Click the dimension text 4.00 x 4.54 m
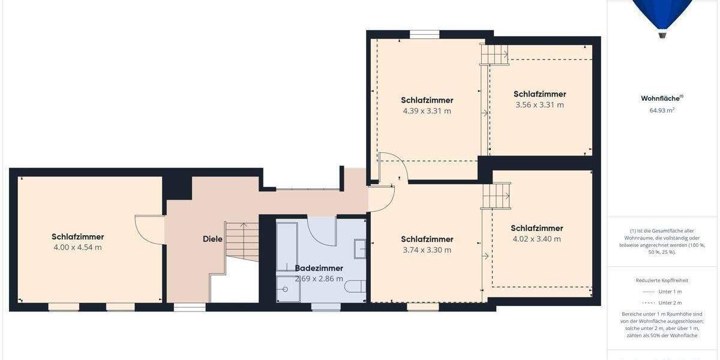click(77, 247)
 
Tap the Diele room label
click(212, 239)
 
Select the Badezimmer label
click(319, 268)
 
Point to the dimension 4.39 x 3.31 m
click(427, 111)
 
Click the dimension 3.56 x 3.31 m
click(539, 105)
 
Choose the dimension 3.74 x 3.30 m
click(427, 250)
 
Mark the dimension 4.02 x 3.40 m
click(536, 239)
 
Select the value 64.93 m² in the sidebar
click(662, 110)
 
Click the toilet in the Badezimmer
click(355, 286)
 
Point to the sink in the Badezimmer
click(360, 248)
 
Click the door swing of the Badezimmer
click(323, 231)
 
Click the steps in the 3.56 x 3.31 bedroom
click(494, 55)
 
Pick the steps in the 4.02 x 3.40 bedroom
click(496, 196)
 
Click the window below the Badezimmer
click(326, 307)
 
